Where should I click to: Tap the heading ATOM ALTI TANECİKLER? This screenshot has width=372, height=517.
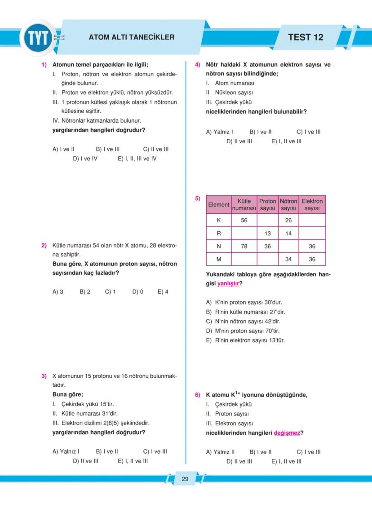click(x=131, y=37)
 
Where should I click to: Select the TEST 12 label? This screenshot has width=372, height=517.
click(x=306, y=37)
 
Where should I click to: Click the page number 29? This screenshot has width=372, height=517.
click(x=185, y=479)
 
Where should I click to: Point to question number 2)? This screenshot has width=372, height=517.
click(x=44, y=246)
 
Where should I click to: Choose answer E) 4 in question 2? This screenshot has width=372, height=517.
click(x=163, y=292)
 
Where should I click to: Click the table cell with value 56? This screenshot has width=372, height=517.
click(x=244, y=220)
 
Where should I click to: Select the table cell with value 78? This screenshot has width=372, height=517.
click(x=244, y=246)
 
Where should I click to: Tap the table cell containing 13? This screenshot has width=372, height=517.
click(x=267, y=233)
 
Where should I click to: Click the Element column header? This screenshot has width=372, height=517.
click(x=219, y=204)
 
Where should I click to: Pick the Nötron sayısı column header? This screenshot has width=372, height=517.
click(x=288, y=204)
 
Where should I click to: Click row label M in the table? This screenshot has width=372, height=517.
click(x=219, y=259)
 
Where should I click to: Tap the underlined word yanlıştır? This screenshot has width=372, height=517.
click(x=228, y=283)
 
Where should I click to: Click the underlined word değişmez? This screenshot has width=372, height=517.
click(x=287, y=433)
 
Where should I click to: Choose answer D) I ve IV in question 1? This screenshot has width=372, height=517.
click(x=85, y=159)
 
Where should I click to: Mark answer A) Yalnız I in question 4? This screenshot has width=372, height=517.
click(x=219, y=132)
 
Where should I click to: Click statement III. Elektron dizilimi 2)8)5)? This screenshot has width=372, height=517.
click(x=101, y=423)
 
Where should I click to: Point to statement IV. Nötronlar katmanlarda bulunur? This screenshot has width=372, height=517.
click(x=97, y=121)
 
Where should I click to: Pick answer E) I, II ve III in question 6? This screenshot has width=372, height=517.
click(x=286, y=461)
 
